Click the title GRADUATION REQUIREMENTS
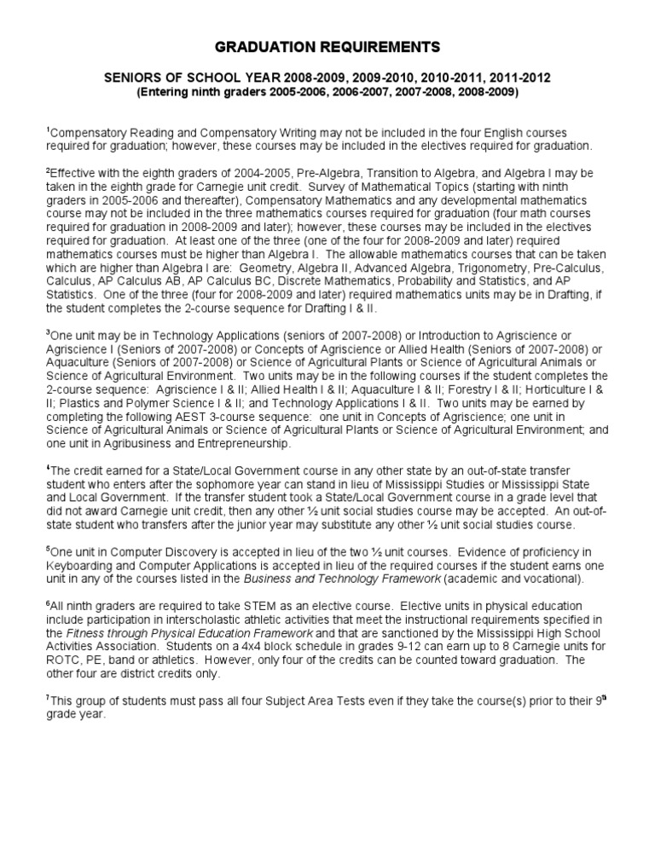point(327,45)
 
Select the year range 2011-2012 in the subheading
point(519,78)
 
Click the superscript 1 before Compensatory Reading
point(49,130)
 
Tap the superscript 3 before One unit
point(49,335)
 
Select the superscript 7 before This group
point(49,698)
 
